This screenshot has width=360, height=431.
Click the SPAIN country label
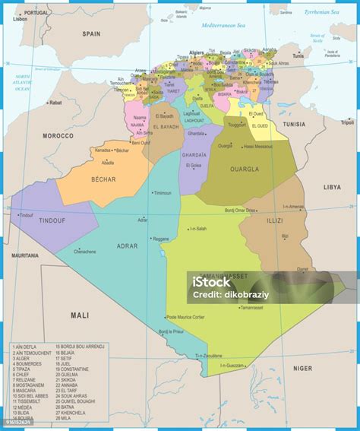tap(91, 33)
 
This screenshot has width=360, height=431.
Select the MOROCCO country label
tap(58, 135)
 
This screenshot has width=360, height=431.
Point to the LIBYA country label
tap(332, 186)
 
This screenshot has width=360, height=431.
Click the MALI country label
tap(80, 314)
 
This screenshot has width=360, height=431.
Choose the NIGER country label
tap(302, 368)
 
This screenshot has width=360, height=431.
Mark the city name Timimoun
tap(163, 193)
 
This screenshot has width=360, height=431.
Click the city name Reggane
tap(162, 238)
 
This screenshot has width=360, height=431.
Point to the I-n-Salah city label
tap(198, 229)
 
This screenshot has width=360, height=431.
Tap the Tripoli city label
tap(347, 122)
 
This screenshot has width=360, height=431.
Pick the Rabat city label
tap(55, 102)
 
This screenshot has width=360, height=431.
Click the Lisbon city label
tap(20, 19)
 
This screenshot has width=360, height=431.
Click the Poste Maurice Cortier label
tap(186, 317)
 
